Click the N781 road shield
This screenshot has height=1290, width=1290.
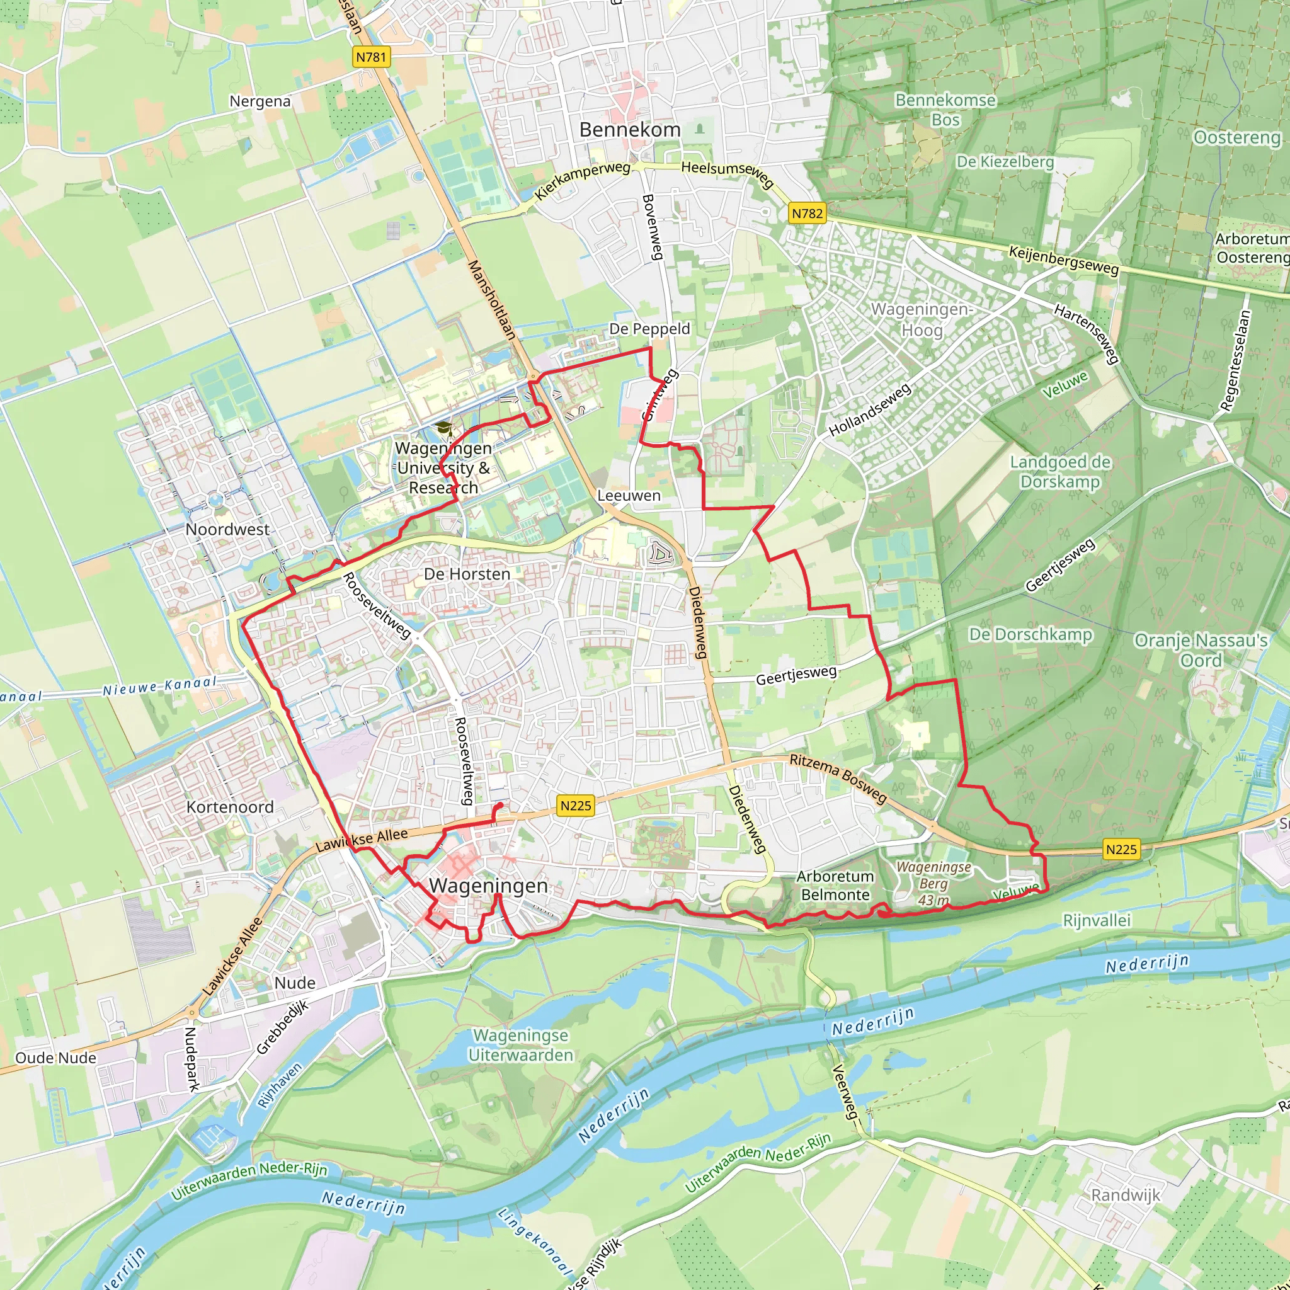(370, 57)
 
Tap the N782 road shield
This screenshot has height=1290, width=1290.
(807, 214)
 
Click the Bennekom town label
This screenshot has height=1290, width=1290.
(630, 130)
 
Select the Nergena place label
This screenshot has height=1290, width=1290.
(260, 101)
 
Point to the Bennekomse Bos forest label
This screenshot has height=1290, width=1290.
(945, 110)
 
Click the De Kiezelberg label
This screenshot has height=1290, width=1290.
(1004, 162)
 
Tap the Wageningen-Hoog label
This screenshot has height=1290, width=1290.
(922, 319)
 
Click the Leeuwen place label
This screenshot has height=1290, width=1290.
(628, 496)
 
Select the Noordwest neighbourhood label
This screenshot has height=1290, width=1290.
(227, 530)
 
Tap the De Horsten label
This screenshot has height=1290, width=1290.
(467, 574)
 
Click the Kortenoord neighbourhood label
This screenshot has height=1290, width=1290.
(230, 807)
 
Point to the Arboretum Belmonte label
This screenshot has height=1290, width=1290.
(835, 886)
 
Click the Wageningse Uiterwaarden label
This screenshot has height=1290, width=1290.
(520, 1045)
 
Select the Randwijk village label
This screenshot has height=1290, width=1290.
(1125, 1194)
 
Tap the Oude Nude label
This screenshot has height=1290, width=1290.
(55, 1058)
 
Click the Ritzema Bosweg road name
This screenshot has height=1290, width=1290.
(837, 778)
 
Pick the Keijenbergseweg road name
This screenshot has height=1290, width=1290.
(1063, 260)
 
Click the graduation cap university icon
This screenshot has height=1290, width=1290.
(443, 428)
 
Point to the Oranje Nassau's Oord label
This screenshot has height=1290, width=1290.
(1201, 649)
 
